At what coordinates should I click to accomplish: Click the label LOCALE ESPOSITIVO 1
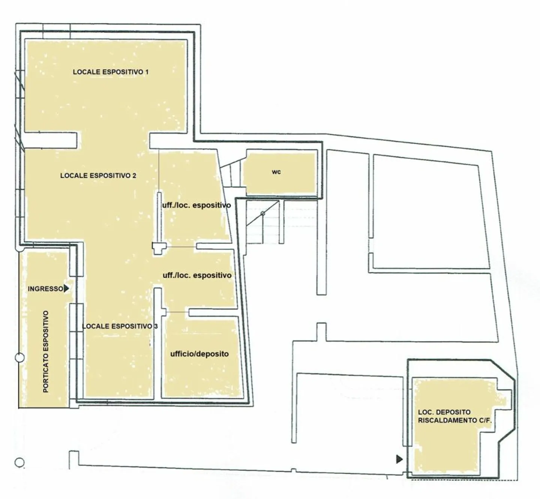(x=111, y=72)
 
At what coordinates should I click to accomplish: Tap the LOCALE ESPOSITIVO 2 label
(x=98, y=175)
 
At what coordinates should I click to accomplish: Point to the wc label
(x=276, y=172)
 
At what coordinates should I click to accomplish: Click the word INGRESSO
(x=45, y=289)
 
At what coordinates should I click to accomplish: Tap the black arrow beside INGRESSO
(x=66, y=289)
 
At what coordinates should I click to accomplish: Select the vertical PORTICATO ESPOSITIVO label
(x=46, y=352)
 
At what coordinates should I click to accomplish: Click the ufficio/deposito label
(x=199, y=354)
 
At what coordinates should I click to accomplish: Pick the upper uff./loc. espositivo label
(x=196, y=205)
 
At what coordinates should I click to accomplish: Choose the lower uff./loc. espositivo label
(x=197, y=275)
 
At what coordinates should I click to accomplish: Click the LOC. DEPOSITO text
(x=444, y=412)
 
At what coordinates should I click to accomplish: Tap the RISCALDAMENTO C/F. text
(x=454, y=421)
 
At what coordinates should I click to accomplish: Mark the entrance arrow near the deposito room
(x=399, y=459)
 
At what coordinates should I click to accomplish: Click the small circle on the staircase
(x=263, y=213)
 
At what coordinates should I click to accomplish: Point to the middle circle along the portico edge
(x=19, y=358)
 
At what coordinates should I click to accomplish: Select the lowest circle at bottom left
(x=19, y=463)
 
